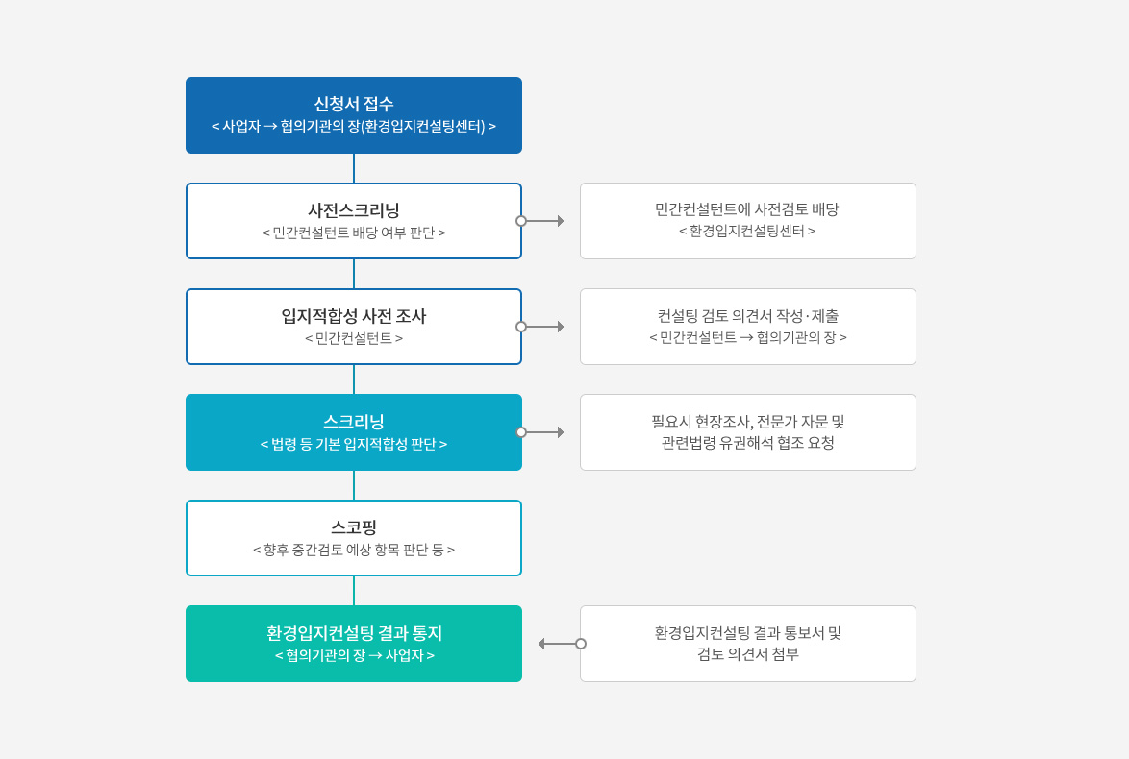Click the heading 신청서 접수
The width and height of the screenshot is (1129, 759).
pyautogui.click(x=354, y=105)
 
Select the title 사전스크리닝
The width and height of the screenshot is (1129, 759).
pyautogui.click(x=354, y=210)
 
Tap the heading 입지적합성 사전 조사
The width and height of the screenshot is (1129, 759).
pyautogui.click(x=354, y=316)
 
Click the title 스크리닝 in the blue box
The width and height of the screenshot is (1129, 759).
pyautogui.click(x=354, y=422)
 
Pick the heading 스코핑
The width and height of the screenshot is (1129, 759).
pyautogui.click(x=354, y=527)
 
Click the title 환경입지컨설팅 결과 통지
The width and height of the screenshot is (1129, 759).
pyautogui.click(x=354, y=633)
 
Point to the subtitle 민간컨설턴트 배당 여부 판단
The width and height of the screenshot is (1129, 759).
pyautogui.click(x=354, y=233)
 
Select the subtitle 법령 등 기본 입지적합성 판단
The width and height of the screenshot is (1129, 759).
pyautogui.click(x=354, y=444)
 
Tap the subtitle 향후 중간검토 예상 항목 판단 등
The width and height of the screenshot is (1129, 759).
pyautogui.click(x=354, y=550)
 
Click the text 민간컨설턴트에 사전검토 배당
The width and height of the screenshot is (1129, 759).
pyautogui.click(x=747, y=209)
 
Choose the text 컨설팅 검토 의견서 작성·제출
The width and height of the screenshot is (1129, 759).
pyautogui.click(x=747, y=316)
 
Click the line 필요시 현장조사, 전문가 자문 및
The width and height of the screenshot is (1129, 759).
pyautogui.click(x=747, y=422)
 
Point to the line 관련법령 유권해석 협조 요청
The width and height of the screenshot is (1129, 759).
pyautogui.click(x=747, y=443)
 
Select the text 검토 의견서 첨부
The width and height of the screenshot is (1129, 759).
pyautogui.click(x=747, y=654)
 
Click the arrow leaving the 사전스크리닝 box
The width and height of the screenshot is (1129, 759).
pyautogui.click(x=540, y=221)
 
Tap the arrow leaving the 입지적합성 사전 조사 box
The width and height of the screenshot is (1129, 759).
pyautogui.click(x=540, y=327)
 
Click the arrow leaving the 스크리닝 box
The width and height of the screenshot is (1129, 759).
pyautogui.click(x=540, y=432)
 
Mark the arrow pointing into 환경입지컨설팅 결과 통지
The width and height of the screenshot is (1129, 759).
pyautogui.click(x=563, y=644)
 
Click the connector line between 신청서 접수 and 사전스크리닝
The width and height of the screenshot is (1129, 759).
pyautogui.click(x=354, y=168)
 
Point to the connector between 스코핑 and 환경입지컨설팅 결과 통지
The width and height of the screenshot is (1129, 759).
pyautogui.click(x=354, y=591)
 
